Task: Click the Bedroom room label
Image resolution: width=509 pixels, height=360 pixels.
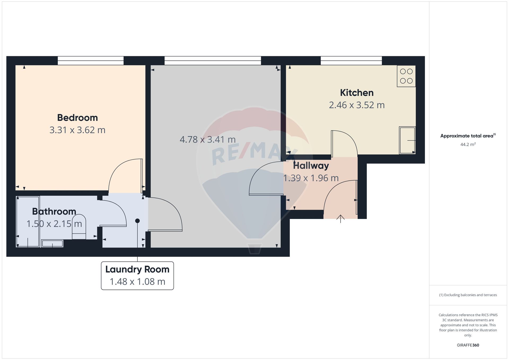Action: pyautogui.click(x=77, y=118)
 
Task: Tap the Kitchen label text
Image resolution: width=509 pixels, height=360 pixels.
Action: pyautogui.click(x=357, y=93)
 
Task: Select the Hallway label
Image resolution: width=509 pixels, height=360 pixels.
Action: pyautogui.click(x=311, y=166)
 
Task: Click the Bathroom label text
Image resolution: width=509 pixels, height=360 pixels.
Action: pyautogui.click(x=54, y=212)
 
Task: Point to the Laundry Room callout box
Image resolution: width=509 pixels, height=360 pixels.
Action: pyautogui.click(x=137, y=276)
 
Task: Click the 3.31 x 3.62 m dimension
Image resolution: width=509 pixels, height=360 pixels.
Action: pyautogui.click(x=77, y=130)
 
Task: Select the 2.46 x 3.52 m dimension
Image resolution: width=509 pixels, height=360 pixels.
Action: pyautogui.click(x=357, y=105)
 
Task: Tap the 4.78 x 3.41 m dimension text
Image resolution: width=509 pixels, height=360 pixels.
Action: pyautogui.click(x=208, y=139)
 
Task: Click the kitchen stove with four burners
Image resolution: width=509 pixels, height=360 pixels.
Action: pyautogui.click(x=406, y=76)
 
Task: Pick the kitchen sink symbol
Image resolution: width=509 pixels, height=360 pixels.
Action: pyautogui.click(x=407, y=140)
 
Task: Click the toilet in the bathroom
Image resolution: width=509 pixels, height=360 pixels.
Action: pyautogui.click(x=79, y=227)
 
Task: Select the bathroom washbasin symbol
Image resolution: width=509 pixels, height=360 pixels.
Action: pyautogui.click(x=52, y=243)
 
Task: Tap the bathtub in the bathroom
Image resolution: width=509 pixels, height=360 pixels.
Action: pyautogui.click(x=28, y=222)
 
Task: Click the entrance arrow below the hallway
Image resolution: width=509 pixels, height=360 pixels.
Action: pyautogui.click(x=340, y=219)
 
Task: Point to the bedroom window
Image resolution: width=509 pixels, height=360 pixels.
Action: pyautogui.click(x=91, y=61)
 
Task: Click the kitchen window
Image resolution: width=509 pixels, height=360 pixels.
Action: pyautogui.click(x=351, y=61)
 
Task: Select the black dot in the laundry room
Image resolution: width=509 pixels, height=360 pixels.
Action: pyautogui.click(x=137, y=221)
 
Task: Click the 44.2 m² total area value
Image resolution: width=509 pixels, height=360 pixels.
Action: pyautogui.click(x=468, y=144)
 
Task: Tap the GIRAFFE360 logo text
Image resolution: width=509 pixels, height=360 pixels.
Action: pyautogui.click(x=468, y=345)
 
